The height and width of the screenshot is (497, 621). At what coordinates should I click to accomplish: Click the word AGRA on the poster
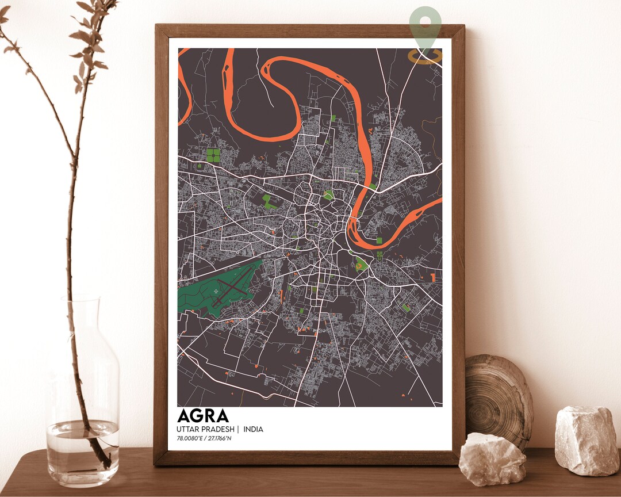(x=203, y=416)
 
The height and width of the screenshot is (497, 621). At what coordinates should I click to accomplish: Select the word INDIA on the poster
(x=253, y=429)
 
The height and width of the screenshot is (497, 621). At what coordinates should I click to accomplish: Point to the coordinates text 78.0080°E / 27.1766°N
(x=208, y=439)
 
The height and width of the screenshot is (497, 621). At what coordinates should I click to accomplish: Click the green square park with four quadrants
(x=213, y=155)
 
